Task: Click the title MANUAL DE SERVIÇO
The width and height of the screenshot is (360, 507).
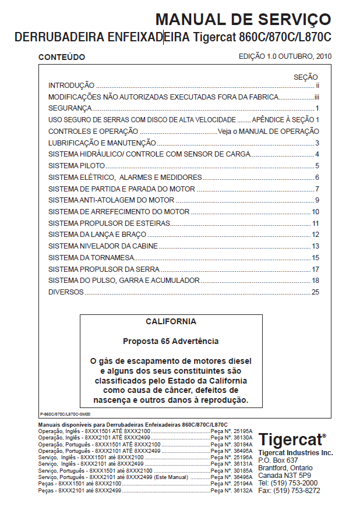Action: pyautogui.click(x=243, y=20)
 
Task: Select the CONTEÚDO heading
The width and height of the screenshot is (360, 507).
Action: pyautogui.click(x=61, y=58)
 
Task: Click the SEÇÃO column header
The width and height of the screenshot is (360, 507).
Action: pyautogui.click(x=305, y=77)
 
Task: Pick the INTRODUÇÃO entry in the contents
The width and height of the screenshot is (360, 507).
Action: pyautogui.click(x=71, y=86)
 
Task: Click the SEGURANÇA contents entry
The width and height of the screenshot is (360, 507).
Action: pyautogui.click(x=70, y=108)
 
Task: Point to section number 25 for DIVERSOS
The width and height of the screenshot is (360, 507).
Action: pyautogui.click(x=315, y=292)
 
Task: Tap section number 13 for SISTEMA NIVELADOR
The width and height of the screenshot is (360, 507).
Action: pyautogui.click(x=315, y=246)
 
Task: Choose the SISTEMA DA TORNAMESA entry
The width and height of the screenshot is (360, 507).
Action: pyautogui.click(x=91, y=257)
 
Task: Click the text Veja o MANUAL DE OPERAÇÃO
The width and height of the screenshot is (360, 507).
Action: pyautogui.click(x=269, y=132)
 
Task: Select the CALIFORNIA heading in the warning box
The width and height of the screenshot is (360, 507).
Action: pyautogui.click(x=171, y=321)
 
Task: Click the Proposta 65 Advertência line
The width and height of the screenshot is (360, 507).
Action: pyautogui.click(x=171, y=341)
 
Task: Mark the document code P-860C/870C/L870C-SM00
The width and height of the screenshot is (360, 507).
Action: pyautogui.click(x=58, y=414)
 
